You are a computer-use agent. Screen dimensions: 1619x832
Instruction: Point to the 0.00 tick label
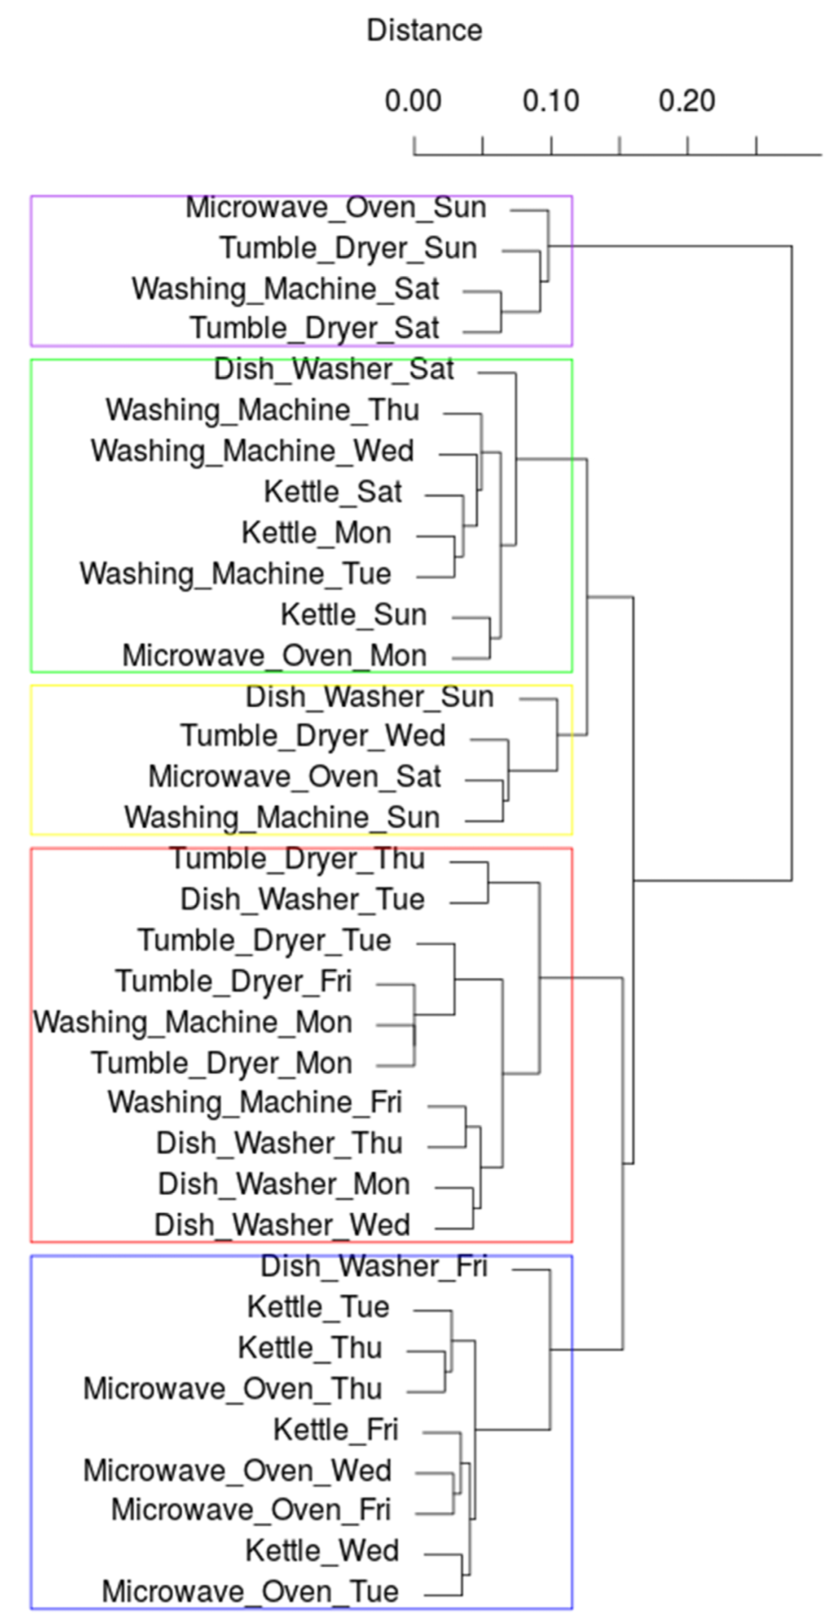[413, 101]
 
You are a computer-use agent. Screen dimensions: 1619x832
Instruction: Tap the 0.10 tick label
[550, 101]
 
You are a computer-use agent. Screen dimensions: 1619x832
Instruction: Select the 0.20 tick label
[687, 101]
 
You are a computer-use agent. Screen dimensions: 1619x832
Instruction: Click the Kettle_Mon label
[316, 533]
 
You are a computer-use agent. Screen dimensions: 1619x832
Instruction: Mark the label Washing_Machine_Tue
[236, 574]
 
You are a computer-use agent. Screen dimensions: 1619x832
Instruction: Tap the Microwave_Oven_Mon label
[275, 656]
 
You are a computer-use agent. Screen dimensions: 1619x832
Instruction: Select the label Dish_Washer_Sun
[370, 696]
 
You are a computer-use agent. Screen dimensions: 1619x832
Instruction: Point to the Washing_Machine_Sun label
[282, 818]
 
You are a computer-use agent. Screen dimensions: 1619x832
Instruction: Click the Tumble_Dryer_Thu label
[298, 858]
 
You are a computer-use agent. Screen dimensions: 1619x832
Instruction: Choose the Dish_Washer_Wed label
[282, 1225]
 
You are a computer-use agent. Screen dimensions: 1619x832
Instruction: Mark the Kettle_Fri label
[336, 1430]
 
